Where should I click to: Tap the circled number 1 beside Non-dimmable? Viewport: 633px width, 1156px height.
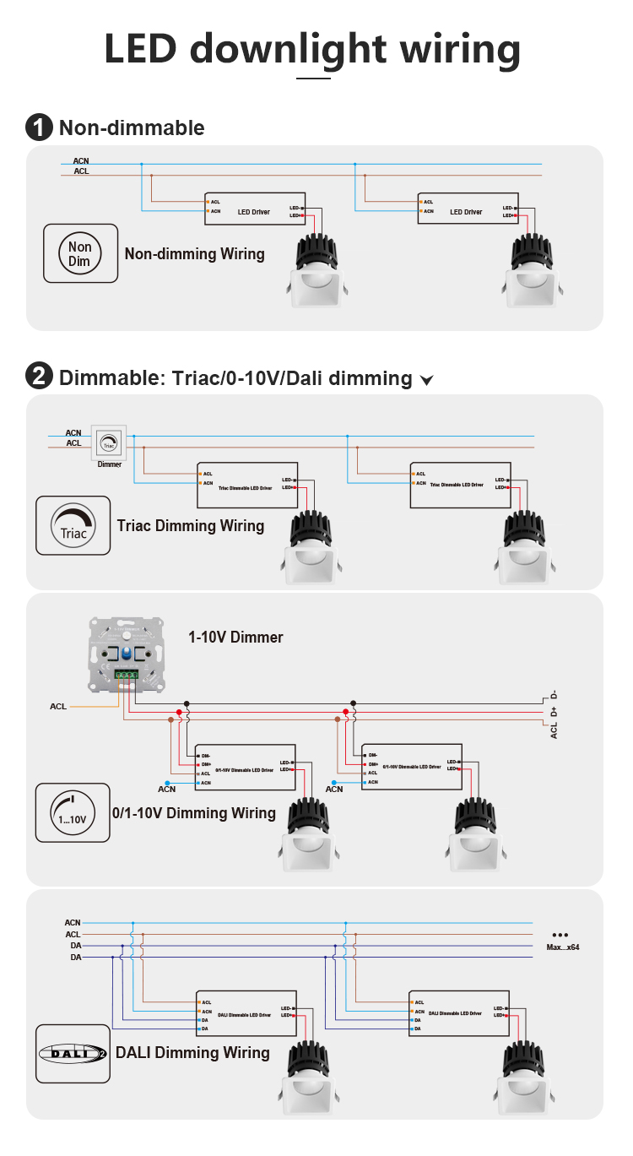pos(40,128)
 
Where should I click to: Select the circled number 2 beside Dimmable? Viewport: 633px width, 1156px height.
pos(40,377)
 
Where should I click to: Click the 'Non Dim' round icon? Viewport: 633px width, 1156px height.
pos(80,253)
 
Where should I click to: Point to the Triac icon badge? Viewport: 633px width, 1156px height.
pos(73,525)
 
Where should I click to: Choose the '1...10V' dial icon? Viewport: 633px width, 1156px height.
pos(73,812)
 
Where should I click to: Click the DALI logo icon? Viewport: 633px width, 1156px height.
pos(73,1054)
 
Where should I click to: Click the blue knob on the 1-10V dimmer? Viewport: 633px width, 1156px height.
pos(127,654)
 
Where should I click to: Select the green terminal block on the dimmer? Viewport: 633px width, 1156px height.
pos(127,675)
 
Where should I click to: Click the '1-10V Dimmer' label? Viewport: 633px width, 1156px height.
pos(235,637)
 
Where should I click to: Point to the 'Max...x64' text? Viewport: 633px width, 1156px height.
pos(562,947)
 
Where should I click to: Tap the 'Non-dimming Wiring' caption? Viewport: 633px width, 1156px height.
pos(194,253)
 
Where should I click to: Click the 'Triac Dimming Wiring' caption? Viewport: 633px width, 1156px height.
pos(191,525)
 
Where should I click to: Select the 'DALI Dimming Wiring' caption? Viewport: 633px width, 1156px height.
pos(192,1052)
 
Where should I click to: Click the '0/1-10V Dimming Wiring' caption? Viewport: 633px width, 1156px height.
pos(194,812)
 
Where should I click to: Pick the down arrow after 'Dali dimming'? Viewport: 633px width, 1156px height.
pos(426,380)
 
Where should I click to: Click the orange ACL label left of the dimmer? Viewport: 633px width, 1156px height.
pos(58,706)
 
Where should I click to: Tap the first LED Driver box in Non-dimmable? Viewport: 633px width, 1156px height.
pos(254,209)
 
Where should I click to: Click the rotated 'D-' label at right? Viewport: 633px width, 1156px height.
pos(554,694)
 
